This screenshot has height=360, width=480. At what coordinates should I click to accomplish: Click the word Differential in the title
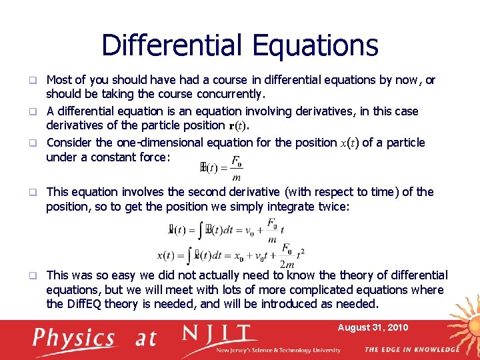coord(173,45)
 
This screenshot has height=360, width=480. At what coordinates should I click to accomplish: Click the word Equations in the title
coord(315,45)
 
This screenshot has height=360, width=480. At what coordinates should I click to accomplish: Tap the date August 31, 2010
coord(373,327)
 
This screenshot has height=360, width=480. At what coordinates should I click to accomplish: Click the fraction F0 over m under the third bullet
coord(236,168)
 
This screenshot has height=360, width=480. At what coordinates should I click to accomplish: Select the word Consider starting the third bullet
coord(70,143)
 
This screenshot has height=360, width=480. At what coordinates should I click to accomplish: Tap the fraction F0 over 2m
coord(287,254)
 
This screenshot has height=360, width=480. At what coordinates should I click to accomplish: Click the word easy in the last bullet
coord(135,275)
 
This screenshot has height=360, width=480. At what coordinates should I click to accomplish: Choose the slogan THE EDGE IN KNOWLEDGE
coord(411,349)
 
